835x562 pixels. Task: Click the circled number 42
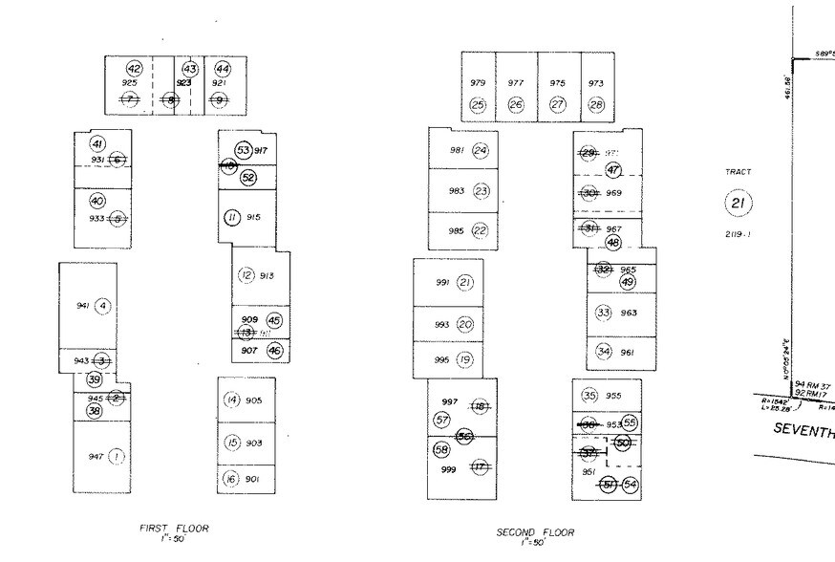point(135,69)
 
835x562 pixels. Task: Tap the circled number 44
point(223,69)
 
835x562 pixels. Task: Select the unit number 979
point(478,83)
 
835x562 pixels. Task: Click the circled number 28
point(597,104)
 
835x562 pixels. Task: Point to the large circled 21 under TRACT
point(738,203)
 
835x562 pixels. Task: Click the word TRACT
point(738,172)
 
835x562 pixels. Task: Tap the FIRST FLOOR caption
point(174,528)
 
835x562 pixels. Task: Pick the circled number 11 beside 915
point(231,217)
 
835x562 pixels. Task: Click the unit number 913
point(267,276)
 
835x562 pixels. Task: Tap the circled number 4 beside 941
point(103,306)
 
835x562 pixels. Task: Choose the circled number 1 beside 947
point(117,456)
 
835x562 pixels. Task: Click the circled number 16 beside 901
point(230,479)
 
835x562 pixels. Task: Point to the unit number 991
point(441,282)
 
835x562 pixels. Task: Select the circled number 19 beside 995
point(465,359)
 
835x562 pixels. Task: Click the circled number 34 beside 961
point(604,351)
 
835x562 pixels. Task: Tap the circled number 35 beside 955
point(589,395)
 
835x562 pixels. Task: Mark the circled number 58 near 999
point(441,449)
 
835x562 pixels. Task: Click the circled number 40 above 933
point(97,201)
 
